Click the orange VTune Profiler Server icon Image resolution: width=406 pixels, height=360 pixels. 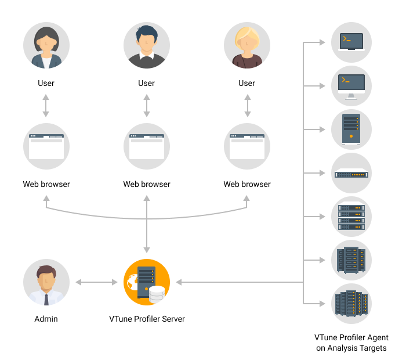(x=147, y=282)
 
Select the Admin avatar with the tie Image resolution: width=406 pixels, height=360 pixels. (x=46, y=282)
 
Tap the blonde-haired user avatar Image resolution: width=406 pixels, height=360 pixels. (x=247, y=46)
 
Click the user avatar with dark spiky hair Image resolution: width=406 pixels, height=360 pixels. (x=147, y=46)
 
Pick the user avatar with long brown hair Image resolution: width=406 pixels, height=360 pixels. (x=46, y=46)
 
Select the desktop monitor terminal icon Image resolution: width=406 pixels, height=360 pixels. (x=351, y=85)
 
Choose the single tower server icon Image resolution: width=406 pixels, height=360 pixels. (x=351, y=129)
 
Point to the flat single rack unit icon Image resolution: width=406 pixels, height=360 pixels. (x=351, y=173)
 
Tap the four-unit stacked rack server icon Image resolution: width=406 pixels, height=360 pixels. (x=351, y=217)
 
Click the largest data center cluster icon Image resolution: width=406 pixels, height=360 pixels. (x=351, y=303)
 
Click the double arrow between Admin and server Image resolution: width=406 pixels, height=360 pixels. (x=96, y=283)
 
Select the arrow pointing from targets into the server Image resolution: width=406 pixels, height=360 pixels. (x=232, y=283)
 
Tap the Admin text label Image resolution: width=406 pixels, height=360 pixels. (x=46, y=319)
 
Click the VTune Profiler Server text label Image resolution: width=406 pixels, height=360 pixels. (x=147, y=319)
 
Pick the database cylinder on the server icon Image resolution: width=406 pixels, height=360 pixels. (x=157, y=295)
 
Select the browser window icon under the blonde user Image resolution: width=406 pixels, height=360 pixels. (x=247, y=146)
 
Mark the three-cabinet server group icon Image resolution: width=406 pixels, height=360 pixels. (x=351, y=260)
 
